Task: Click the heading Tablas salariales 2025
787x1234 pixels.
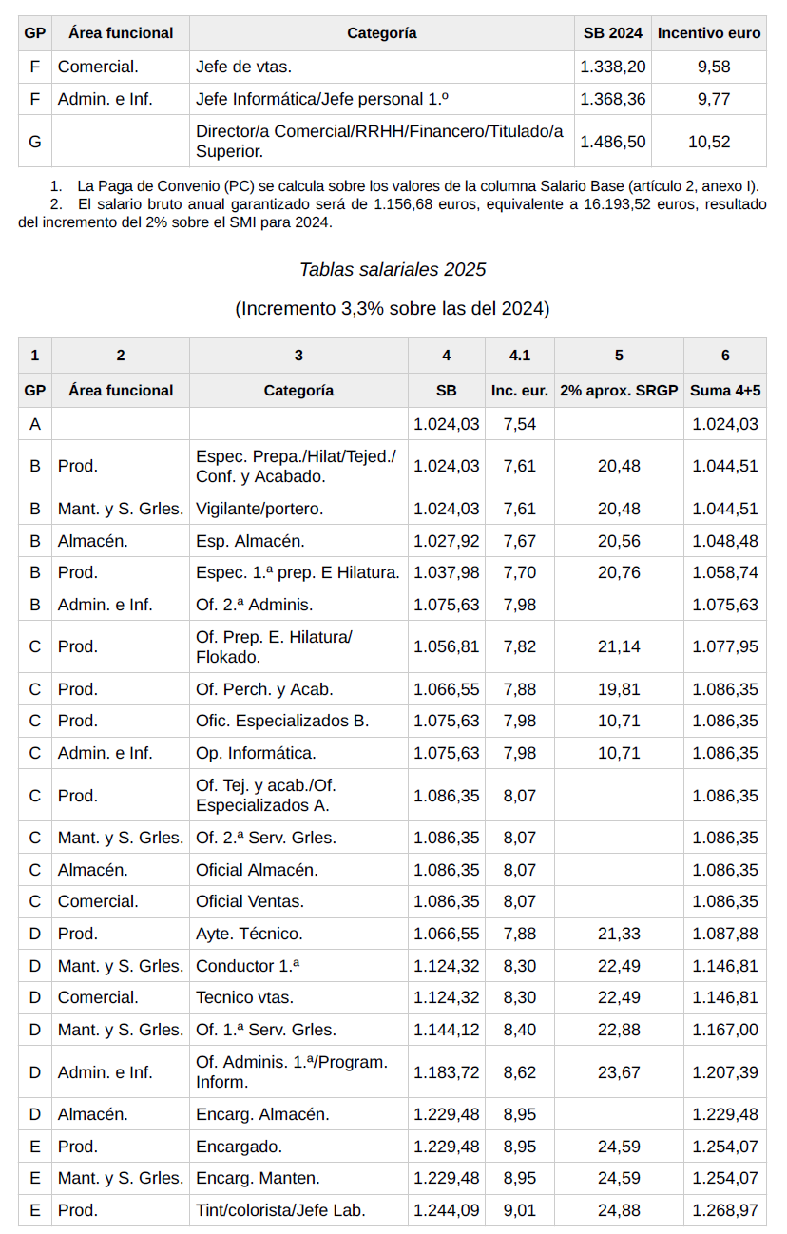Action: pyautogui.click(x=393, y=270)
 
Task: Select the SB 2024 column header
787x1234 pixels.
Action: pyautogui.click(x=613, y=33)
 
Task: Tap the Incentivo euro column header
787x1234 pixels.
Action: pyautogui.click(x=709, y=33)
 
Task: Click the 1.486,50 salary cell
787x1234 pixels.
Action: pyautogui.click(x=613, y=142)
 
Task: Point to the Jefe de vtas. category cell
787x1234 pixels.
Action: pyautogui.click(x=243, y=67)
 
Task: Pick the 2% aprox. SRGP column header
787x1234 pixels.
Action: pyautogui.click(x=619, y=391)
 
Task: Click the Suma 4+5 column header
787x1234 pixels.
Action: pyautogui.click(x=725, y=391)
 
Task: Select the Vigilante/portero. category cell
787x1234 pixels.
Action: pyautogui.click(x=259, y=510)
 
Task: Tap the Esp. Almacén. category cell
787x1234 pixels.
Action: pyautogui.click(x=250, y=542)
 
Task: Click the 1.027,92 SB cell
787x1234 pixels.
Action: pyautogui.click(x=447, y=542)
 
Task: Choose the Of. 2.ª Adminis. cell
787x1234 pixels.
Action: pyautogui.click(x=254, y=605)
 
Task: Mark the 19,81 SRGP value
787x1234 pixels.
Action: pyautogui.click(x=619, y=689)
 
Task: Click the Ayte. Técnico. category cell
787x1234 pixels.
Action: pyautogui.click(x=249, y=935)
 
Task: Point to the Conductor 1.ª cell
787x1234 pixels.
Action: pyautogui.click(x=248, y=967)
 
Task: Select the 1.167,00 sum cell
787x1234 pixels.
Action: pyautogui.click(x=725, y=1031)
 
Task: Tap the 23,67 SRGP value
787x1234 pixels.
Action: pyautogui.click(x=619, y=1073)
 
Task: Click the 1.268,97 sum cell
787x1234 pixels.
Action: pyautogui.click(x=725, y=1211)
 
